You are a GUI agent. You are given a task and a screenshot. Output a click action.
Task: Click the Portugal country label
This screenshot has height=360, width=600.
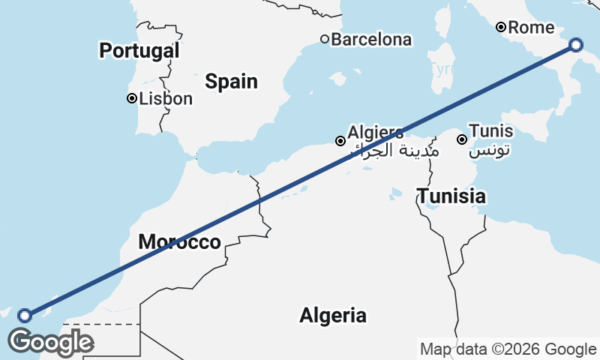[139, 51]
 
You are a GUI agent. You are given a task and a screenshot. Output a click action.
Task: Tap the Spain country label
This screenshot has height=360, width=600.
[232, 82]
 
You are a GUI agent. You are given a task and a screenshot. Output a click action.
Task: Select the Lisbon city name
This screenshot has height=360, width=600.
[166, 98]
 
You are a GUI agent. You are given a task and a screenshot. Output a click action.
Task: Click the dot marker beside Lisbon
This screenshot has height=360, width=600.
[132, 98]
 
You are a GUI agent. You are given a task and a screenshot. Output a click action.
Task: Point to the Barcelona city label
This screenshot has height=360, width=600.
[371, 39]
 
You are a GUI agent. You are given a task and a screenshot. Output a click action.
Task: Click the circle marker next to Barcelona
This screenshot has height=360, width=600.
[325, 39]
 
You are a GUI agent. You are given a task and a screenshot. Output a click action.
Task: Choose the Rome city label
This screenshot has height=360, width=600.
[531, 28]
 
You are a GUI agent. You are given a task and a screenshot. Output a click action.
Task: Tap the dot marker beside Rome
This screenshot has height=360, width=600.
[501, 28]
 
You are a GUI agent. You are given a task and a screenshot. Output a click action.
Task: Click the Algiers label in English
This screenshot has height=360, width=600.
[375, 132]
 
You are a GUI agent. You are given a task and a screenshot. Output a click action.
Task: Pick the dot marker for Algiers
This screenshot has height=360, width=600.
[340, 141]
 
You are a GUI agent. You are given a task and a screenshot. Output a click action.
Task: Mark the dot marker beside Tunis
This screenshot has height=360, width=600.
[462, 139]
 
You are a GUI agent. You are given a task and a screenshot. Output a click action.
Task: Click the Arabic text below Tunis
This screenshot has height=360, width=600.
[490, 151]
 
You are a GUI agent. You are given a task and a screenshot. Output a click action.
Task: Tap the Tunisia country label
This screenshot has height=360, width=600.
[451, 197]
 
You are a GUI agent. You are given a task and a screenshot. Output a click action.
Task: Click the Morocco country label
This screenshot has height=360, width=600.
[180, 242]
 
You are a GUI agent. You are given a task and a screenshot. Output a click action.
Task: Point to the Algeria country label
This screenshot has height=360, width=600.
[333, 316]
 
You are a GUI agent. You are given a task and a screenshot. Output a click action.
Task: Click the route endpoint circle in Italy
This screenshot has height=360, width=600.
[575, 44]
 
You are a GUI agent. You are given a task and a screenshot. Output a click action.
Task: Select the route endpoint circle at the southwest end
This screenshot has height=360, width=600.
[25, 316]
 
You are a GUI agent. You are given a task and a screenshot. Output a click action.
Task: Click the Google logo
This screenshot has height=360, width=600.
[50, 342]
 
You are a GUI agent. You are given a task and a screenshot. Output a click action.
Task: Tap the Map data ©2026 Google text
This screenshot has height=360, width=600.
[508, 349]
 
